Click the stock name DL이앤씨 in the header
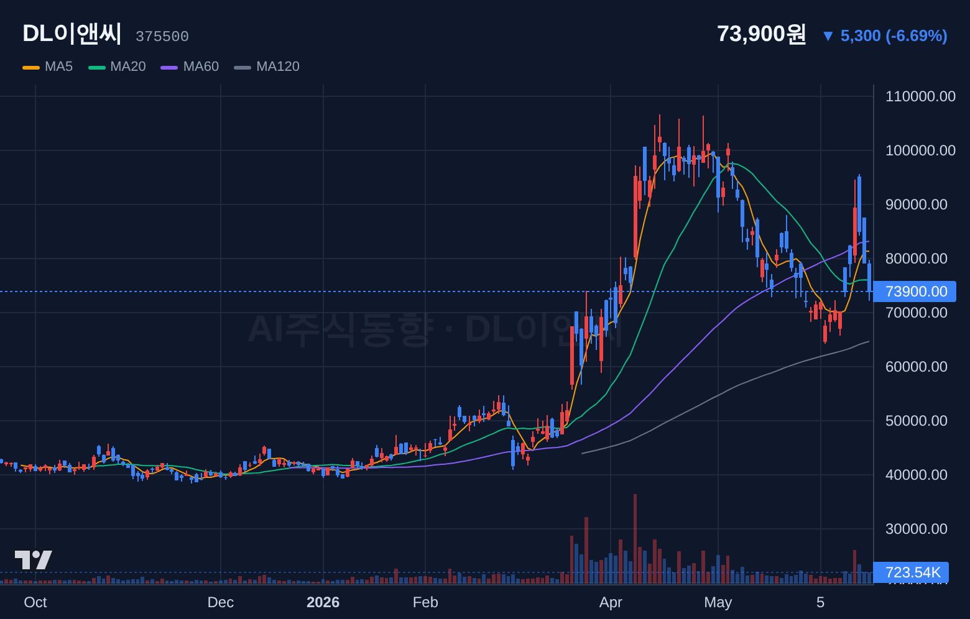[x=72, y=34]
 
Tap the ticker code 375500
[x=162, y=37]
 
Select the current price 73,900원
[x=761, y=34]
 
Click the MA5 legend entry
[x=48, y=66]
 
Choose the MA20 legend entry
[x=117, y=66]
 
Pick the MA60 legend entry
[x=190, y=66]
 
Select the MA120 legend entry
[x=267, y=66]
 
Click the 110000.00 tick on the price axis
[x=920, y=96]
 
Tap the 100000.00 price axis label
[x=920, y=150]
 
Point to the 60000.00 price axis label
[x=917, y=367]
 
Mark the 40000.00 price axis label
[x=917, y=475]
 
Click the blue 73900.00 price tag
[x=915, y=291]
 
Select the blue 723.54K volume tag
[x=911, y=572]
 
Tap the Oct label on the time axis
[x=35, y=602]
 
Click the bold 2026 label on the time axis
[x=323, y=602]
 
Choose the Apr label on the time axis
[x=611, y=602]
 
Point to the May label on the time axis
[x=718, y=602]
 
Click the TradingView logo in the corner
[x=34, y=560]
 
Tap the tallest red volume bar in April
[x=635, y=539]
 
